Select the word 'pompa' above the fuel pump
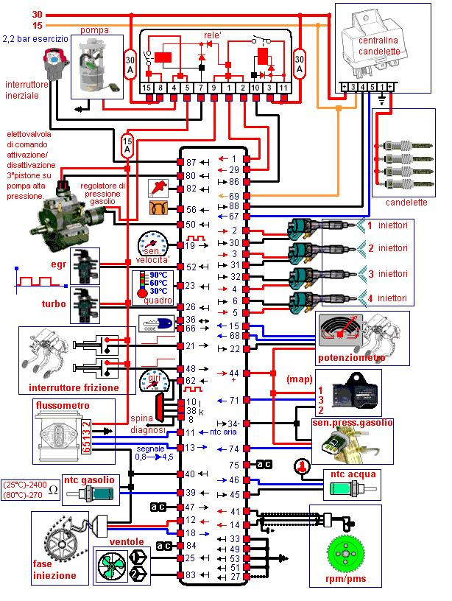[x=95, y=30]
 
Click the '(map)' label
[x=300, y=379]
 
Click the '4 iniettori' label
[x=396, y=298]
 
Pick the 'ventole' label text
[x=127, y=541]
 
